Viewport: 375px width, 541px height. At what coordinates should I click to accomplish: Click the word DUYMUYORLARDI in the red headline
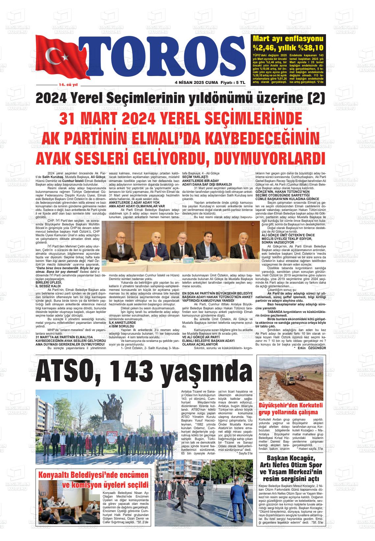click(x=267, y=157)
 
